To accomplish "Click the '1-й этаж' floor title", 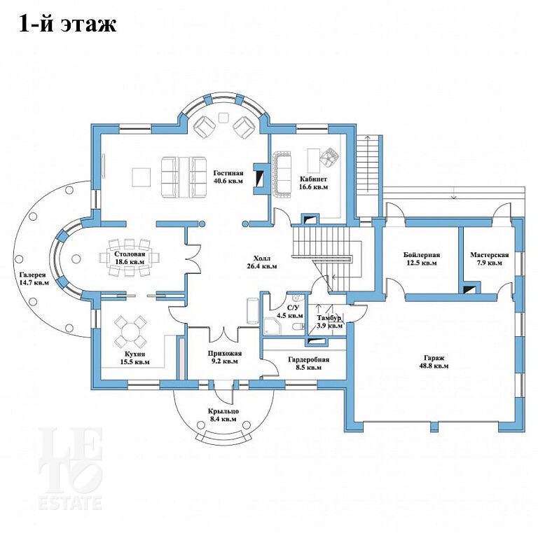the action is [67, 25].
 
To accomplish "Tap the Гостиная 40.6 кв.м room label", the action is [228, 177].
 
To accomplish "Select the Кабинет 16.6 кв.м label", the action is [314, 183].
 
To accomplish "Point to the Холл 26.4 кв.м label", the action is [262, 262].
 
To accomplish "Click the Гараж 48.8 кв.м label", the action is [434, 361].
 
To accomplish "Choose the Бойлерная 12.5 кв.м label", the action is [422, 258].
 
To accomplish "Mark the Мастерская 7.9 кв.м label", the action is [489, 258].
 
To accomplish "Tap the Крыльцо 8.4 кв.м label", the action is [223, 415].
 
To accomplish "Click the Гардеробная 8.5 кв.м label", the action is [308, 364].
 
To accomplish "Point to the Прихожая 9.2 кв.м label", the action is [225, 357].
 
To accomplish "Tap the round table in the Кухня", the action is [130, 332].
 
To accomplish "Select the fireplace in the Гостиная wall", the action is [258, 178].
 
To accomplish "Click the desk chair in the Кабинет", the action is [329, 157].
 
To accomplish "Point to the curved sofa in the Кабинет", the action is [282, 174].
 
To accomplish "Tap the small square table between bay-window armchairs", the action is [223, 117].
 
